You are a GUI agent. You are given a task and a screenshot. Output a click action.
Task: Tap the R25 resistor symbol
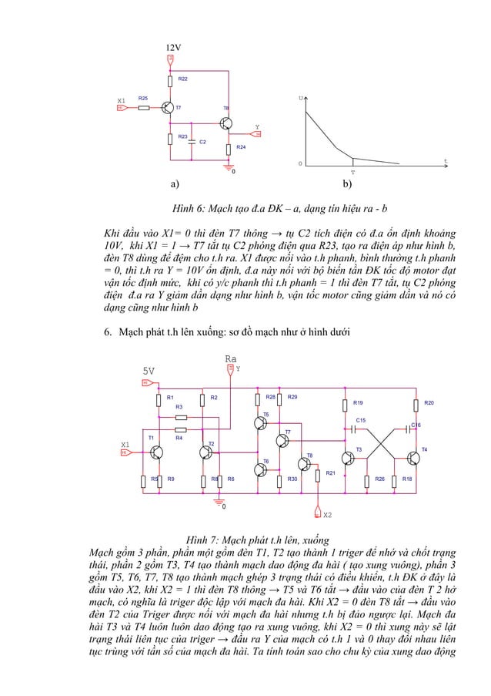(144, 108)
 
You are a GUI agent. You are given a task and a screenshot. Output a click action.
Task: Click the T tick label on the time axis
(352, 173)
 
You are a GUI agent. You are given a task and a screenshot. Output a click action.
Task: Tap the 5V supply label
(148, 370)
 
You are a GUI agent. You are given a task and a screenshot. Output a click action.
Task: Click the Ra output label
(230, 359)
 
